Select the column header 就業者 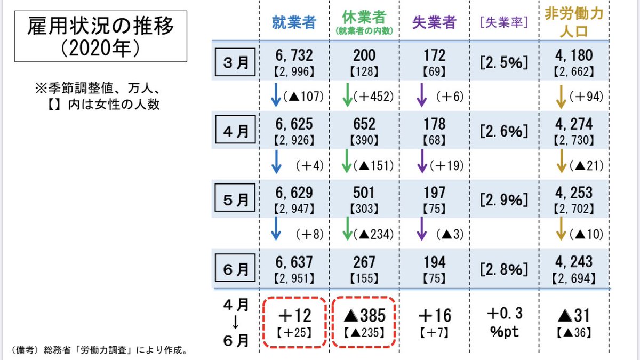[294, 22]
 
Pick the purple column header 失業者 [435, 22]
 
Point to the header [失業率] [503, 22]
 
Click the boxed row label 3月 [235, 61]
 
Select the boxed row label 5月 [235, 199]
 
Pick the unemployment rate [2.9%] [503, 199]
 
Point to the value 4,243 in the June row [573, 261]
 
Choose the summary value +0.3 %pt [504, 322]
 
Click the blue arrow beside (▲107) [276, 96]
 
